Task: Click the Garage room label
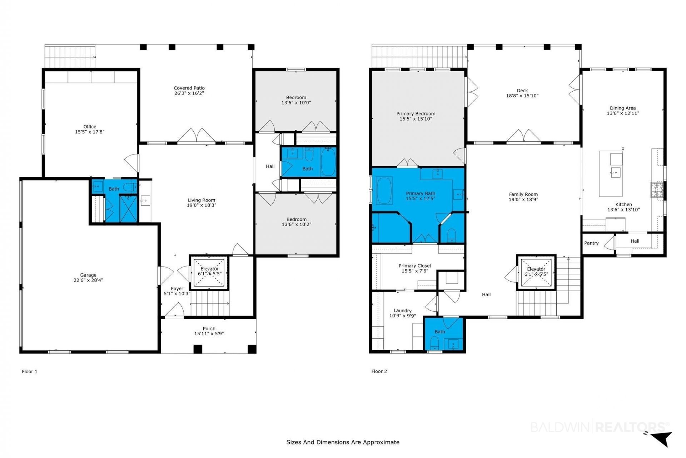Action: [x=88, y=275]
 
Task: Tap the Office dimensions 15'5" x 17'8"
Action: [x=90, y=132]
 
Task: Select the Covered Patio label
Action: [x=189, y=88]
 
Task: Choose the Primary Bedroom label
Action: [x=416, y=114]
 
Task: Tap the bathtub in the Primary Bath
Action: [x=384, y=190]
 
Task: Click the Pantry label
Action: [x=591, y=243]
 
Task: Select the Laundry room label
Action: [x=403, y=311]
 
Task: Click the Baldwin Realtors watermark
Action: [x=600, y=427]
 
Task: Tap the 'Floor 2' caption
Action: [x=379, y=371]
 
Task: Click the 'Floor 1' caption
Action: [x=30, y=371]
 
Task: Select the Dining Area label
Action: [x=623, y=108]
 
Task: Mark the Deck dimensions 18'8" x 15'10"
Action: [x=522, y=96]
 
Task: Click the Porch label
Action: [x=209, y=328]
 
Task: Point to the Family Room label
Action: [x=523, y=194]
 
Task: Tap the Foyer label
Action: [x=177, y=289]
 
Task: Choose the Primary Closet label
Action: [x=415, y=266]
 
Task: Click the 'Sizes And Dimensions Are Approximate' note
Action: [x=343, y=442]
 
